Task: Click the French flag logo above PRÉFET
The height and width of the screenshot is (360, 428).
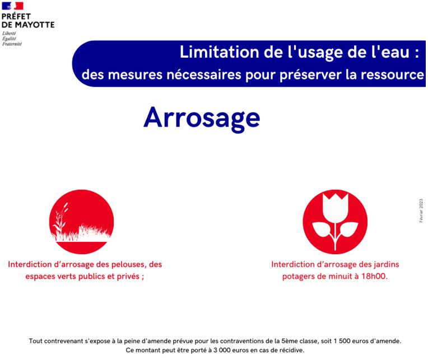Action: pos(12,6)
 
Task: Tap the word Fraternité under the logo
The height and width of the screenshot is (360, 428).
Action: pos(12,44)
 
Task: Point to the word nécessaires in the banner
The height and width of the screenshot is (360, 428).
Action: pos(204,74)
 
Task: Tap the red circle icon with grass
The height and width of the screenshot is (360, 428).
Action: pos(82,222)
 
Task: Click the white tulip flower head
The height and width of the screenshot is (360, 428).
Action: pos(335,208)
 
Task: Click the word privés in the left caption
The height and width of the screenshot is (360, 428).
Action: pos(128,277)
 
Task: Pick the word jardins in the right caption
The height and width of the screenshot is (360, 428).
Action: pos(385,264)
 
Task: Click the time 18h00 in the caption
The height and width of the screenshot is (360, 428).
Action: pos(374,276)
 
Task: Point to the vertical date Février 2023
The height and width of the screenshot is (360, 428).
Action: pos(421,211)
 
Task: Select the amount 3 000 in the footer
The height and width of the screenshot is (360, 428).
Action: pos(222,350)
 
